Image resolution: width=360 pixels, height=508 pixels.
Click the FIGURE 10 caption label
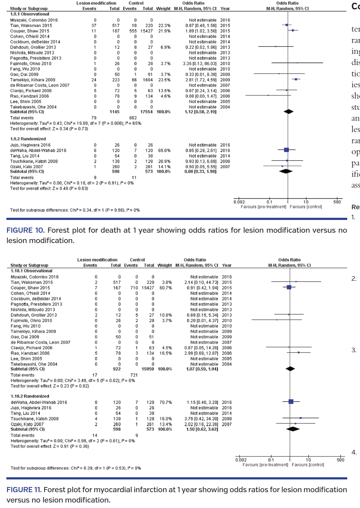[x=25, y=230]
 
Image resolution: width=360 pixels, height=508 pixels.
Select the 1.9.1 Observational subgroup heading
[x=29, y=14]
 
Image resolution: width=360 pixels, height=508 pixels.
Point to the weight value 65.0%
[x=164, y=150]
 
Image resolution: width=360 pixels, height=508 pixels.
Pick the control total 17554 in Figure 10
[x=146, y=112]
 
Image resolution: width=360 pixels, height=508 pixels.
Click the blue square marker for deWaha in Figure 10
[x=286, y=150]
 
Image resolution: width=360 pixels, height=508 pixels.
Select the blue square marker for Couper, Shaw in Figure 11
[x=289, y=287]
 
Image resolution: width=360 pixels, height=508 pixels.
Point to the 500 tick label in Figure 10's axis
[x=337, y=202]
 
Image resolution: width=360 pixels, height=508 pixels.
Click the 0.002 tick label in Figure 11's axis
[x=241, y=460]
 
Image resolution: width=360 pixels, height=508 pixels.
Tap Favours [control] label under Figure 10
[x=306, y=207]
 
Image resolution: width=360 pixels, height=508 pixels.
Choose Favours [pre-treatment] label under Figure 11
[x=265, y=465]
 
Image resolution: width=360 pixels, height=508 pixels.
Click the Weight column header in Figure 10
[x=163, y=9]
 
